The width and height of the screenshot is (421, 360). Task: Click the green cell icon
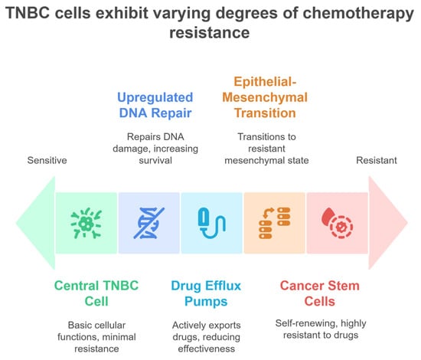click(86, 224)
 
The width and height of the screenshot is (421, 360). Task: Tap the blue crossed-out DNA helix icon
click(149, 223)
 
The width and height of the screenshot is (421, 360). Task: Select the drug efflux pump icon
click(211, 223)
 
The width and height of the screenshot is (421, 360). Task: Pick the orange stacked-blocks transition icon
click(274, 223)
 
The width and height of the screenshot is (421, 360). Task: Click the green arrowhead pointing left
click(36, 223)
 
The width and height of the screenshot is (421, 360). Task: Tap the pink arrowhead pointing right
click(388, 223)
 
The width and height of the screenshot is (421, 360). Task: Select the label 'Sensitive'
click(47, 160)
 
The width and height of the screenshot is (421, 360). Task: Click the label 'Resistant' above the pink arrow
click(377, 160)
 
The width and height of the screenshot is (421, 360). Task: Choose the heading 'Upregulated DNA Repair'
click(155, 105)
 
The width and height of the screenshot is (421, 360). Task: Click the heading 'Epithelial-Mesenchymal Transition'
click(265, 97)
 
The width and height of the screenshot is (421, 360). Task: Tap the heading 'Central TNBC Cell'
click(96, 293)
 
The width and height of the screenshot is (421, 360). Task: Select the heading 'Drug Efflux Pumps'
click(206, 293)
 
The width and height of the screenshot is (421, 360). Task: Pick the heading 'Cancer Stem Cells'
click(320, 293)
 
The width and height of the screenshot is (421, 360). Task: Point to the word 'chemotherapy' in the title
click(358, 14)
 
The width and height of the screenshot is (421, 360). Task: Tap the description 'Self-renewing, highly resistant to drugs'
click(321, 329)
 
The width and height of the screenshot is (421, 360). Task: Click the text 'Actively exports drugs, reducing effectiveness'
click(206, 337)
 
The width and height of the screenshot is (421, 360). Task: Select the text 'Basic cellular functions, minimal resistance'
click(96, 337)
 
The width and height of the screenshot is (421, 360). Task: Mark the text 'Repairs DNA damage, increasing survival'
click(155, 149)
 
